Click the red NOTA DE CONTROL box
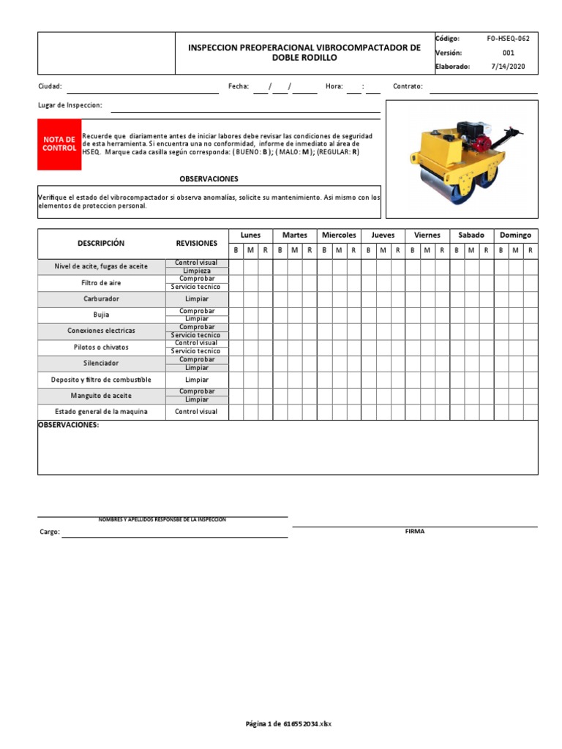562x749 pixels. [59, 144]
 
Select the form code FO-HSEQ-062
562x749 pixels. [508, 38]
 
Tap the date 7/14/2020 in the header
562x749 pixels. [508, 66]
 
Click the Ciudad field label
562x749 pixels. [50, 86]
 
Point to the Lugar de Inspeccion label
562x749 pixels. [70, 105]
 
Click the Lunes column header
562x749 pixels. [250, 236]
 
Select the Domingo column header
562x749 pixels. [515, 236]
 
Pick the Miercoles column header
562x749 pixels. [339, 236]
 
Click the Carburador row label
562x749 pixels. [101, 299]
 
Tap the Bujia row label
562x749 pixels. [101, 315]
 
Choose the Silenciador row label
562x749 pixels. [101, 364]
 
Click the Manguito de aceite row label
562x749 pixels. [101, 396]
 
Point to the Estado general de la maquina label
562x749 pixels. [101, 412]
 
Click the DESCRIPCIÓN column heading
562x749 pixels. [101, 244]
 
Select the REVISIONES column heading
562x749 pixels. [196, 244]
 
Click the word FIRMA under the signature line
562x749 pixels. [414, 532]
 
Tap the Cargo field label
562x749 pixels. [49, 532]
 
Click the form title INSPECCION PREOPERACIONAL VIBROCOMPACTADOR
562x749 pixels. [304, 48]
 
